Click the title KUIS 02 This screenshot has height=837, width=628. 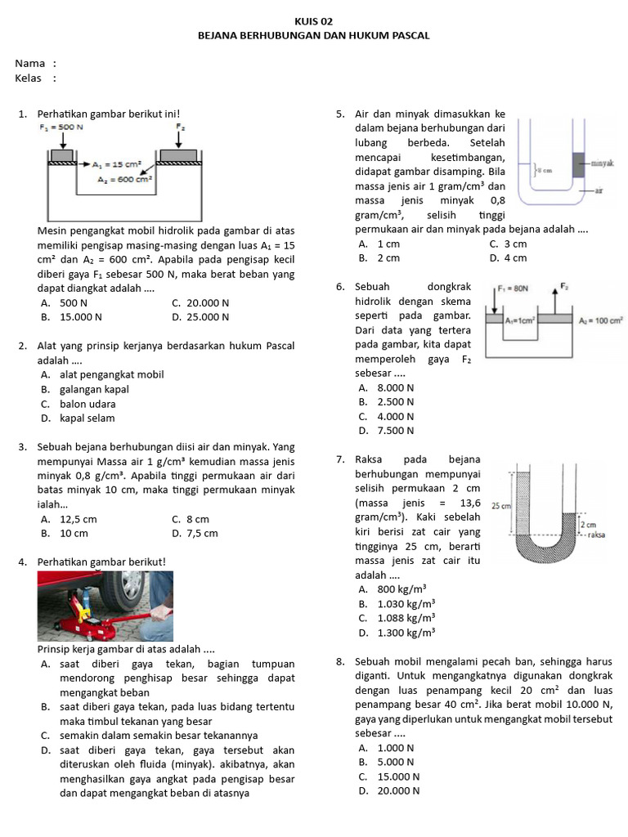point(313,22)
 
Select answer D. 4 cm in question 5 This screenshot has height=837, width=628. point(507,257)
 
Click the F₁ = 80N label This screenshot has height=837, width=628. point(513,289)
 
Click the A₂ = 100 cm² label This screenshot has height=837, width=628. point(600,321)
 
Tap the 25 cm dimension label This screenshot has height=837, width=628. point(500,506)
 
